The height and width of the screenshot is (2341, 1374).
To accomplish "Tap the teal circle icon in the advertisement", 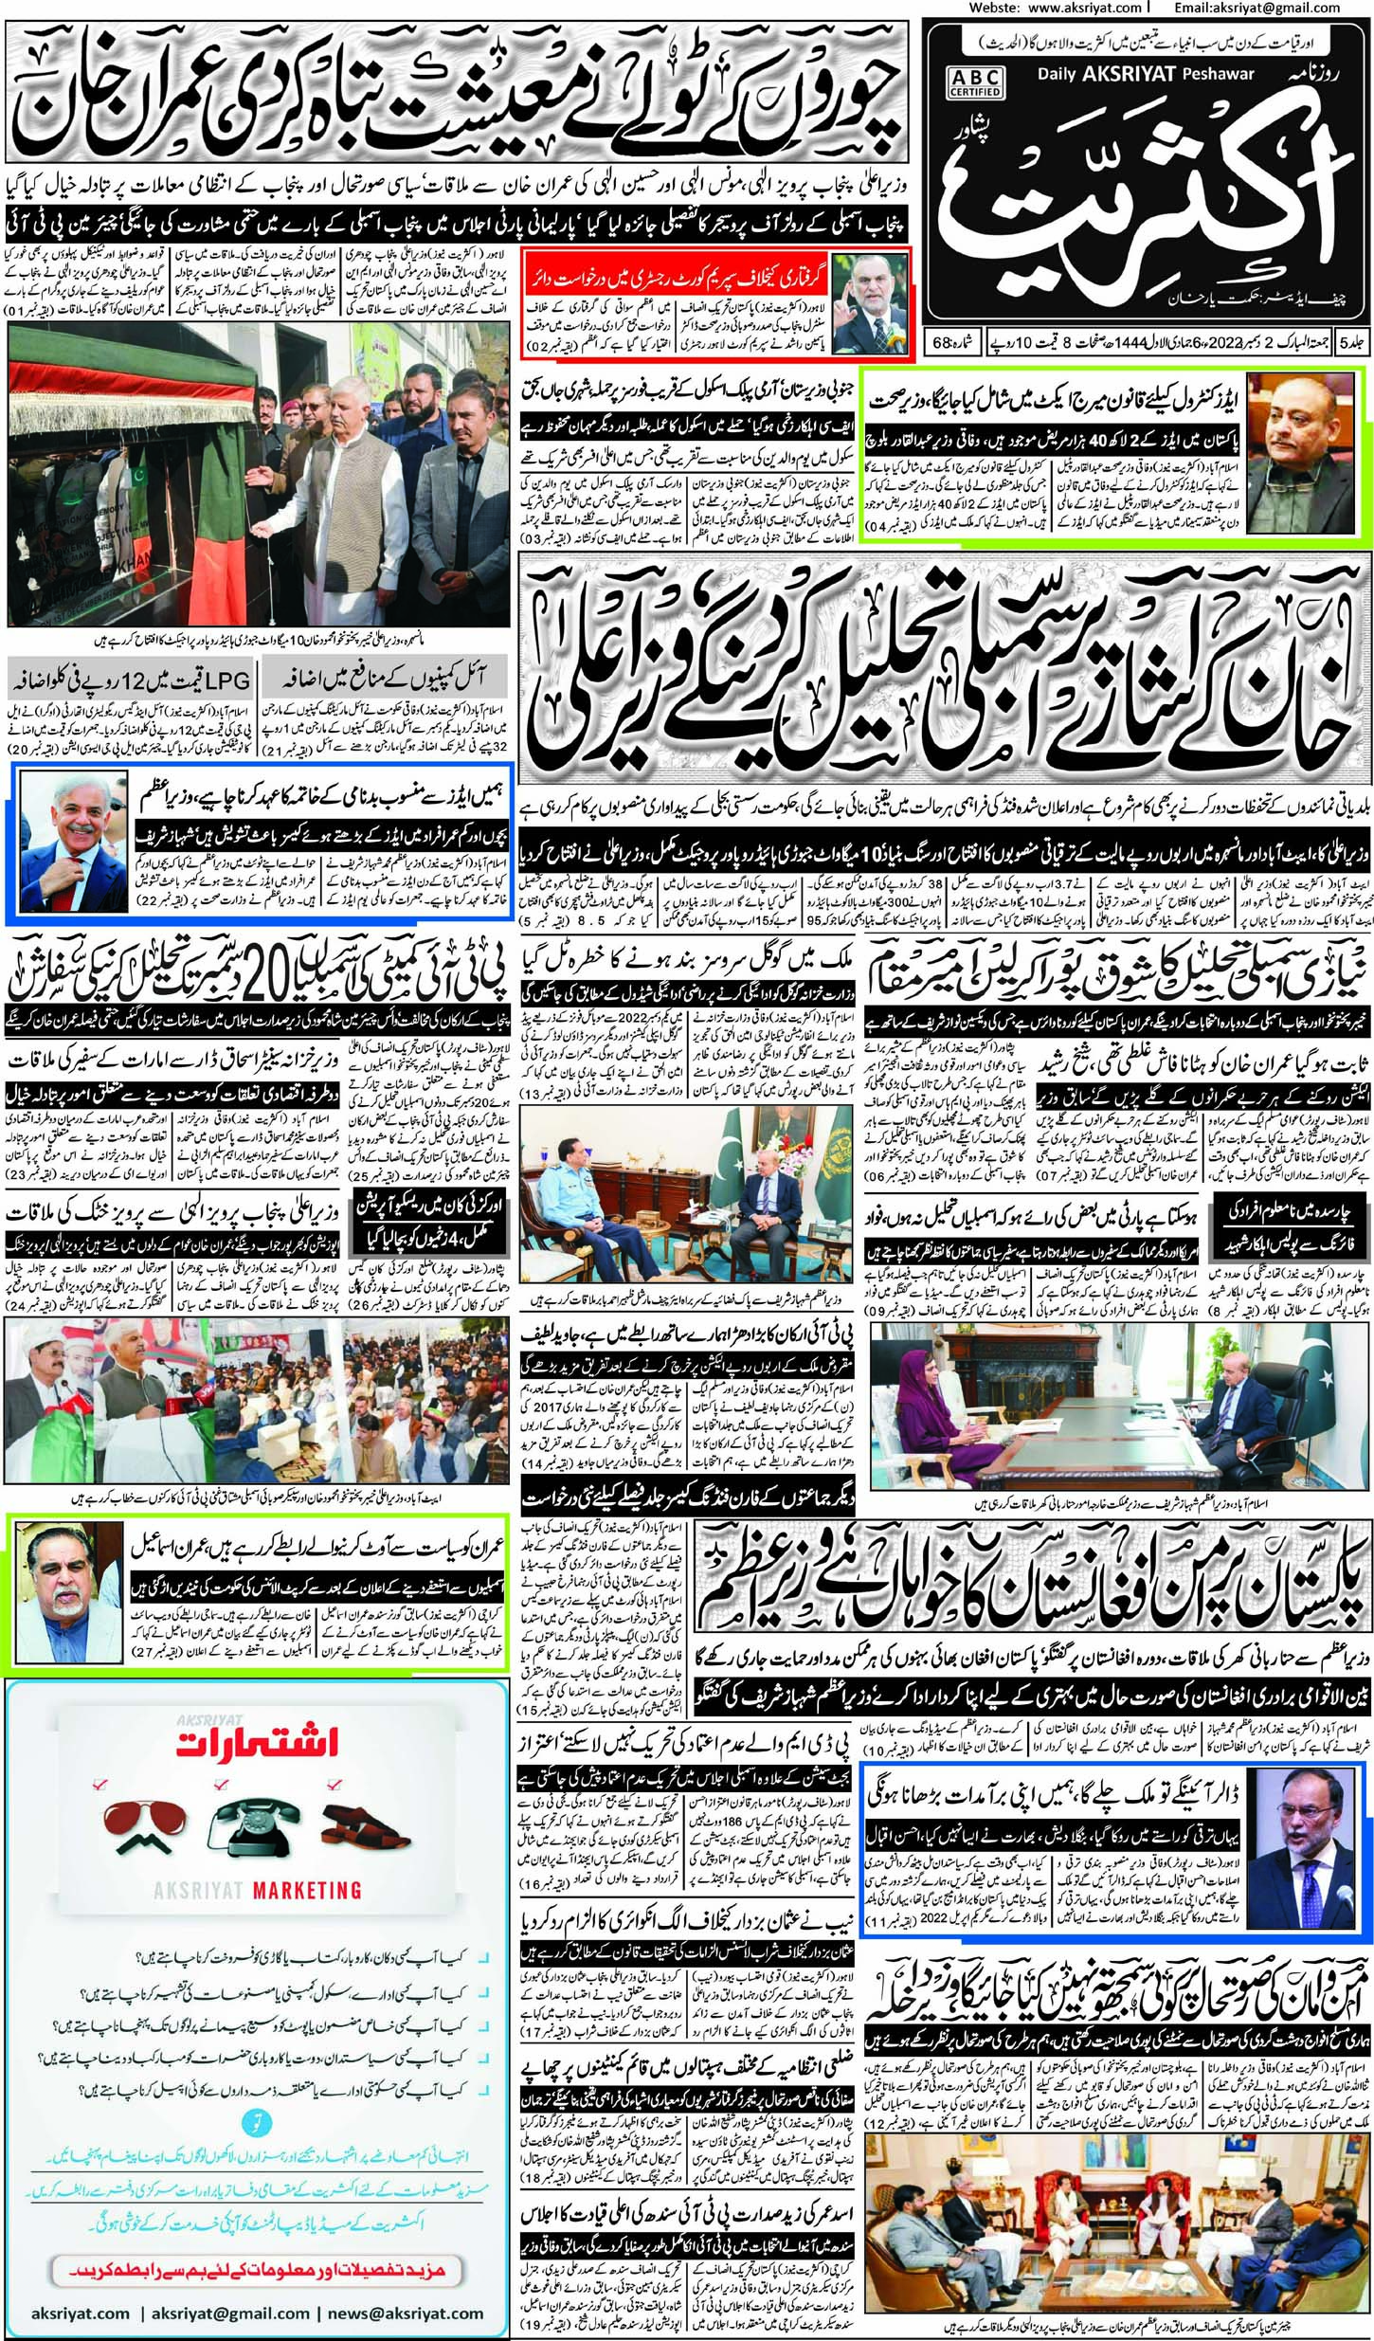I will point(257,2089).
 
